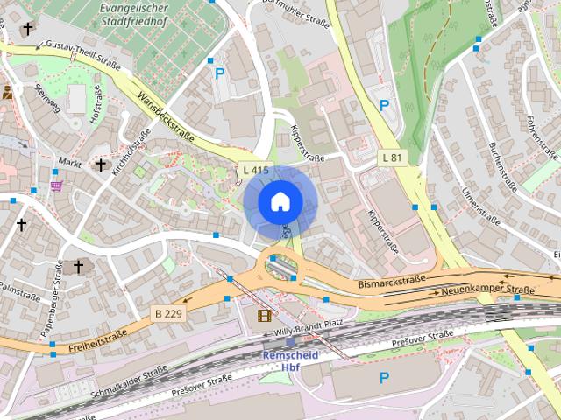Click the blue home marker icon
coord(280,201)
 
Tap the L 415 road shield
coord(255,170)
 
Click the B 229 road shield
coord(169,313)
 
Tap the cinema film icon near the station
coord(265,315)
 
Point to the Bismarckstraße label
coord(392,283)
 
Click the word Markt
coord(69,163)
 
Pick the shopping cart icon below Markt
coord(56,185)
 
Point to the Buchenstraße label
coord(505,164)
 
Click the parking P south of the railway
coord(383,378)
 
